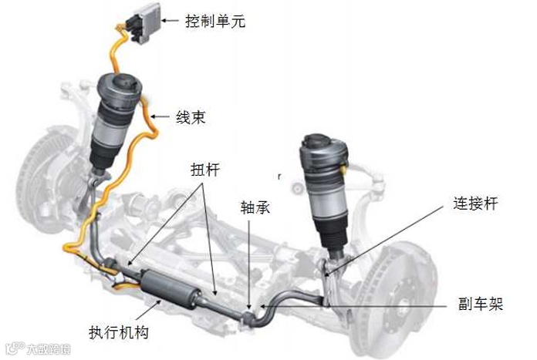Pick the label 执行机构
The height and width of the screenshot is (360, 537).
(119, 333)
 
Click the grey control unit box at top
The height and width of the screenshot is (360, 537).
(142, 23)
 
